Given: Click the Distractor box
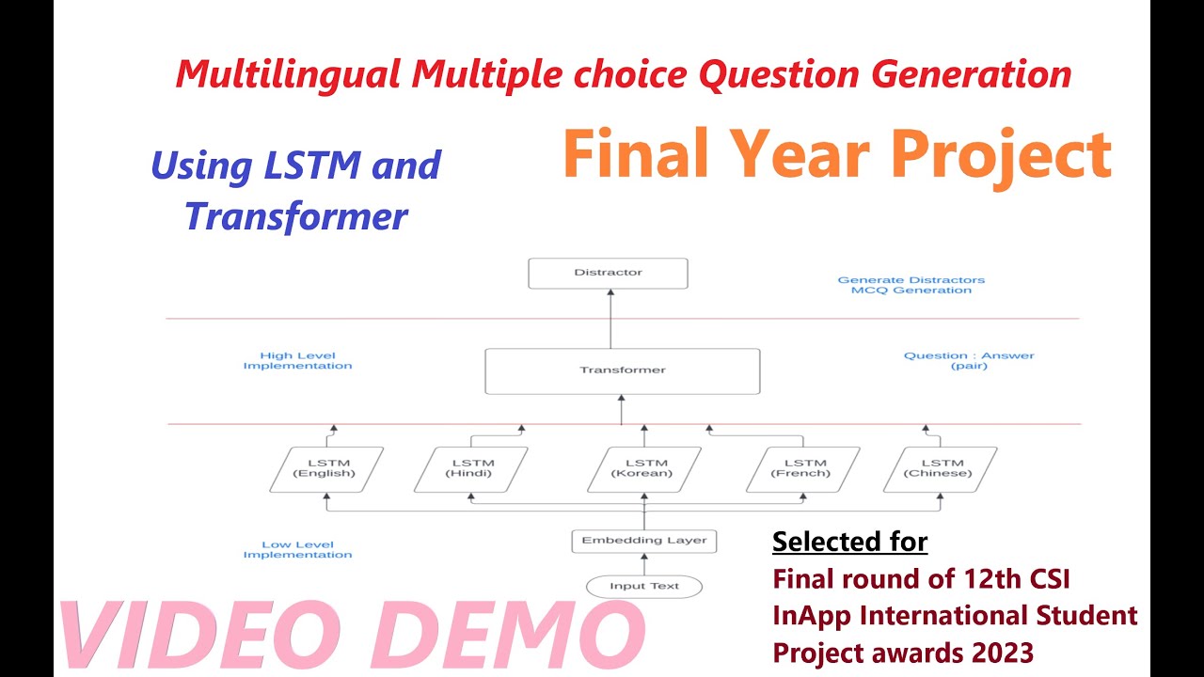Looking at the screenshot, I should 608,273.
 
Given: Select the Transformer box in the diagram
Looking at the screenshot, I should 622,370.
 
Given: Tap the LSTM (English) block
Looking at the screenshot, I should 325,469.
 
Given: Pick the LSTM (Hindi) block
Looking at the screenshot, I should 470,469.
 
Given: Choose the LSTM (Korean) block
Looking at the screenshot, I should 644,469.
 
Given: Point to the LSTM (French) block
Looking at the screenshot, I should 803,469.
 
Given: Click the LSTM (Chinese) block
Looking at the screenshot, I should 940,469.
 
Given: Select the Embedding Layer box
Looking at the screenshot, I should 644,541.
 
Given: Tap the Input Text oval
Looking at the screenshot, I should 644,586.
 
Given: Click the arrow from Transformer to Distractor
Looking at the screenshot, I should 610,320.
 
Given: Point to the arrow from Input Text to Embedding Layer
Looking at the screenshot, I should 644,563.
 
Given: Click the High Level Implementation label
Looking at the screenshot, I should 297,361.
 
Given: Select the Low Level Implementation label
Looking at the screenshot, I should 297,550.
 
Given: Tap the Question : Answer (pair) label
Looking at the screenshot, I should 969,361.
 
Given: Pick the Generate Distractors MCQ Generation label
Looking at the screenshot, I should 911,285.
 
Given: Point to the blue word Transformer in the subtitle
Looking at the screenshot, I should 296,215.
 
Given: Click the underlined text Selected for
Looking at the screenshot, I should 849,542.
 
